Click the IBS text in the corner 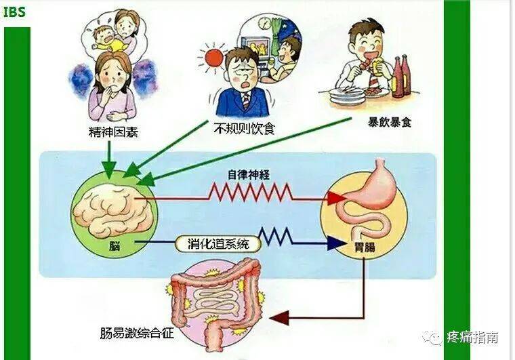pyautogui.click(x=14, y=12)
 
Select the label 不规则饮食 pyautogui.click(x=244, y=128)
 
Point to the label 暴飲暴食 pyautogui.click(x=390, y=122)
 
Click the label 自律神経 pyautogui.click(x=249, y=175)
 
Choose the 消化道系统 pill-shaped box pyautogui.click(x=218, y=244)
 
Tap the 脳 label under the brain pyautogui.click(x=115, y=245)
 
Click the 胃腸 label pyautogui.click(x=365, y=247)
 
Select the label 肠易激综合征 pyautogui.click(x=137, y=334)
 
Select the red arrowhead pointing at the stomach pyautogui.click(x=336, y=198)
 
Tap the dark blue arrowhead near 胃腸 pyautogui.click(x=337, y=243)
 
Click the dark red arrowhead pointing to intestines pyautogui.click(x=279, y=318)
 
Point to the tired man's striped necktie pyautogui.click(x=245, y=100)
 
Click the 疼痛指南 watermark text pyautogui.click(x=473, y=338)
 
